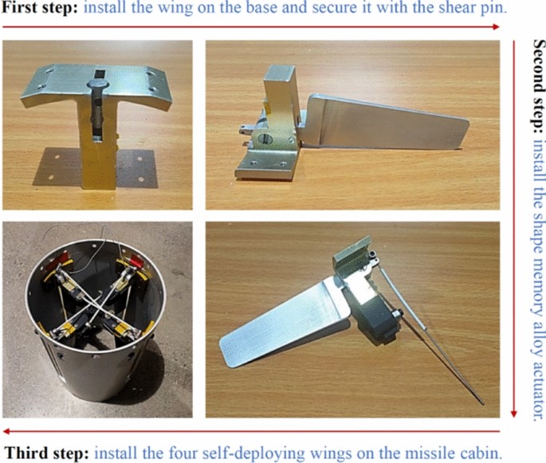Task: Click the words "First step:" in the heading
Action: coord(40,7)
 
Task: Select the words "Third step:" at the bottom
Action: coord(48,453)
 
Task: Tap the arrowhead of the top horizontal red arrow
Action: coord(496,27)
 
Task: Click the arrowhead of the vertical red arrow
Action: coord(513,414)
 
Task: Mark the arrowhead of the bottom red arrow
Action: coord(6,432)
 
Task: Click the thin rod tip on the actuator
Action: coord(482,403)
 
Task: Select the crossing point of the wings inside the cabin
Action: coord(95,301)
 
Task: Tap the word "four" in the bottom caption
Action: coord(183,453)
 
